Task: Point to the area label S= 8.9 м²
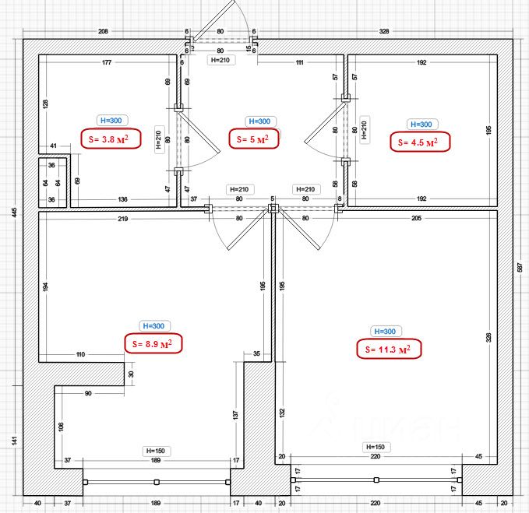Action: point(154,343)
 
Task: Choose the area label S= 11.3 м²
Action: point(388,350)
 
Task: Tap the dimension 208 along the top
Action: point(103,32)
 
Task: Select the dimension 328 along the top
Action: point(383,32)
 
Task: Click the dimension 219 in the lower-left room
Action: point(123,220)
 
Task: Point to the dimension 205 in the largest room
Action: point(421,220)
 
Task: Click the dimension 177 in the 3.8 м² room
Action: point(107,61)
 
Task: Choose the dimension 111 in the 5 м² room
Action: point(299,61)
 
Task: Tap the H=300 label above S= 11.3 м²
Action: point(385,330)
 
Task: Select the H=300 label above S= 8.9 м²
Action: point(153,325)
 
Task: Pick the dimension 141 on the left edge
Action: point(14,440)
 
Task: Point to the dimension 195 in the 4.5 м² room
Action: point(488,132)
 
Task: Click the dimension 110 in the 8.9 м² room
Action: point(81,354)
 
